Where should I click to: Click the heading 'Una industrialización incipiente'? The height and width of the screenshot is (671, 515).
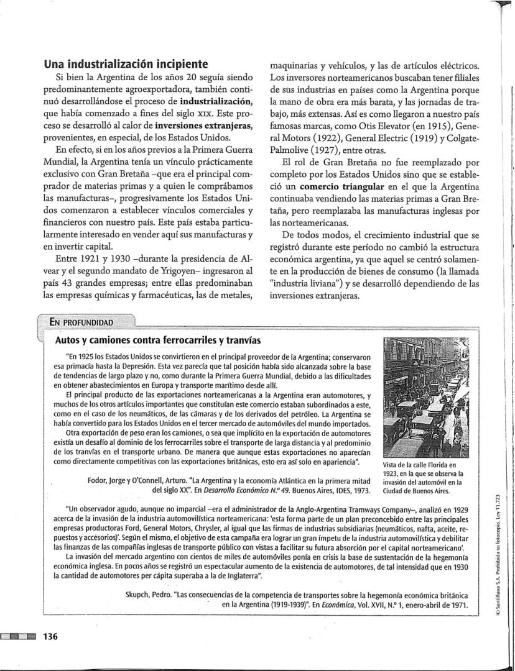[x=125, y=64]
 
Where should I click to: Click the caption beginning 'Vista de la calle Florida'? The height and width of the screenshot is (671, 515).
[x=422, y=477]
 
